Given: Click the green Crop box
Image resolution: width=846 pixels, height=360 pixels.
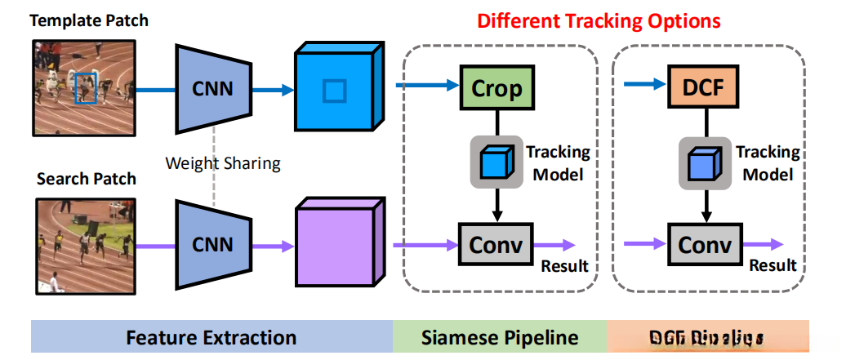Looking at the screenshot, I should tap(496, 87).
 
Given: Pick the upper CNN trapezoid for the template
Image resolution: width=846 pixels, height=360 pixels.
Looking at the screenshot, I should tap(212, 87).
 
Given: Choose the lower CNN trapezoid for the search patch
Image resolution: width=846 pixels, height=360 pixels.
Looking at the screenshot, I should tap(212, 242).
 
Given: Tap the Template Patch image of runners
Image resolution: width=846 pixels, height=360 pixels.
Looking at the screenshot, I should tap(83, 87).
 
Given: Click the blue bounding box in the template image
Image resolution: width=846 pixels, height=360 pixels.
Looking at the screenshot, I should tap(86, 88).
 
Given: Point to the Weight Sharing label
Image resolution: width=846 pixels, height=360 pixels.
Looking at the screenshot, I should tap(223, 163).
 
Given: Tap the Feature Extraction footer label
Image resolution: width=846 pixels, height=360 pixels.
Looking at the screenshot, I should tap(211, 337).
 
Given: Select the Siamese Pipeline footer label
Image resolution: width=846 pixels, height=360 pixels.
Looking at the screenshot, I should tap(500, 337).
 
